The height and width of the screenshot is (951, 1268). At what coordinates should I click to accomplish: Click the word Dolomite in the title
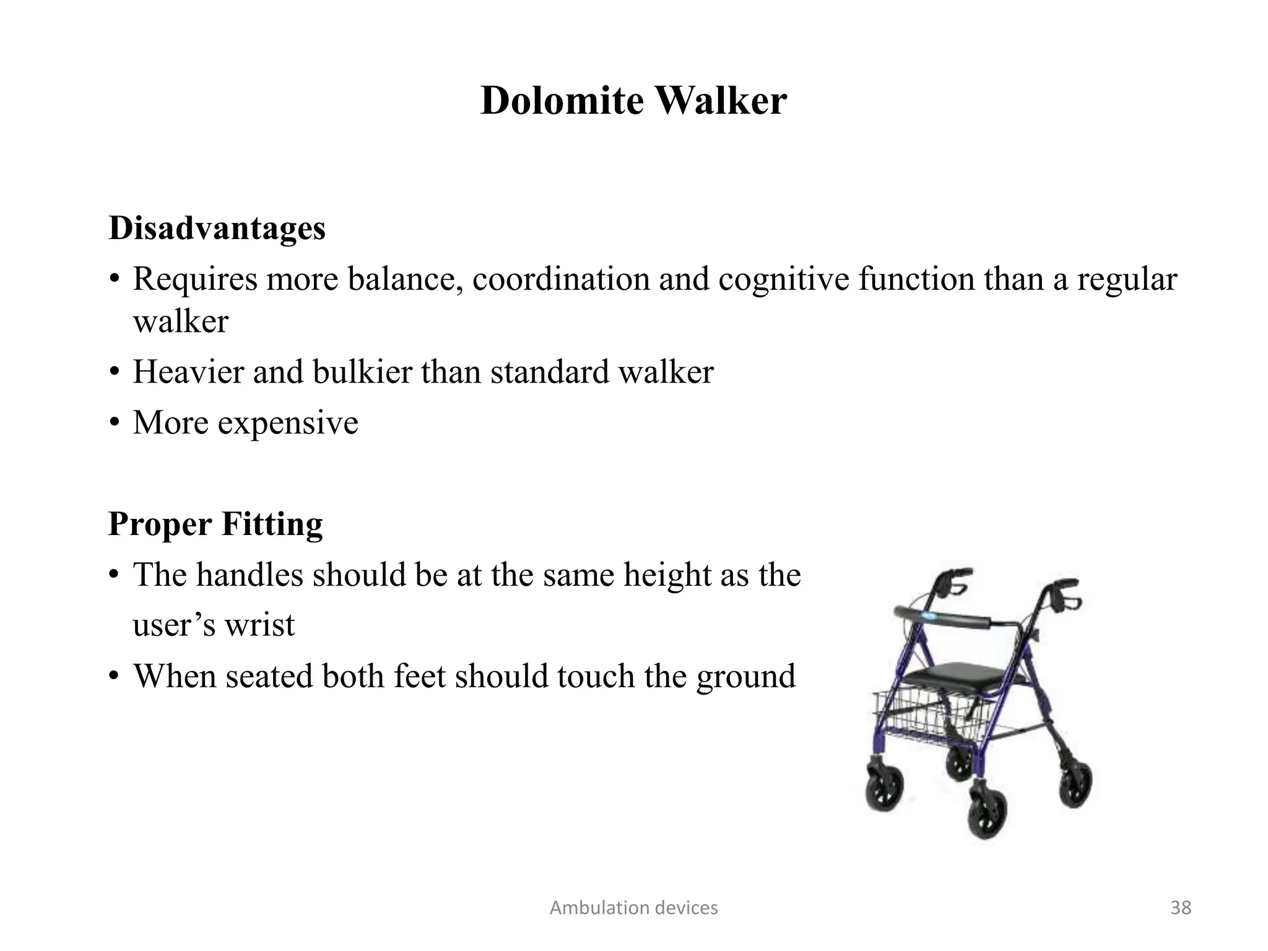pyautogui.click(x=562, y=100)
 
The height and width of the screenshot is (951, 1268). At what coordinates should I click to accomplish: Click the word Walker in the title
pyautogui.click(x=721, y=100)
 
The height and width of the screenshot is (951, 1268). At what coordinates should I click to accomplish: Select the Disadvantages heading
pyautogui.click(x=217, y=228)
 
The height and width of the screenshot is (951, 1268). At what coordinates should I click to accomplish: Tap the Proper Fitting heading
pyautogui.click(x=215, y=524)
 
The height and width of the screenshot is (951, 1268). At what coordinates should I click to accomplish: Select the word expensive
pyautogui.click(x=288, y=423)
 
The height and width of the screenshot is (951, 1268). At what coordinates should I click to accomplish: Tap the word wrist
pyautogui.click(x=259, y=624)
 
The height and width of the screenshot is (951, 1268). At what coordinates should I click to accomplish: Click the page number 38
pyautogui.click(x=1181, y=908)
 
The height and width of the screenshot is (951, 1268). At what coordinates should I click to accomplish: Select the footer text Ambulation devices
pyautogui.click(x=633, y=908)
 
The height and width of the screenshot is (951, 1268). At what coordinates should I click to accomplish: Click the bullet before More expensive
pyautogui.click(x=114, y=423)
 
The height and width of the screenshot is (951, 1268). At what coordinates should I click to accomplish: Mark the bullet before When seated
pyautogui.click(x=114, y=675)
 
